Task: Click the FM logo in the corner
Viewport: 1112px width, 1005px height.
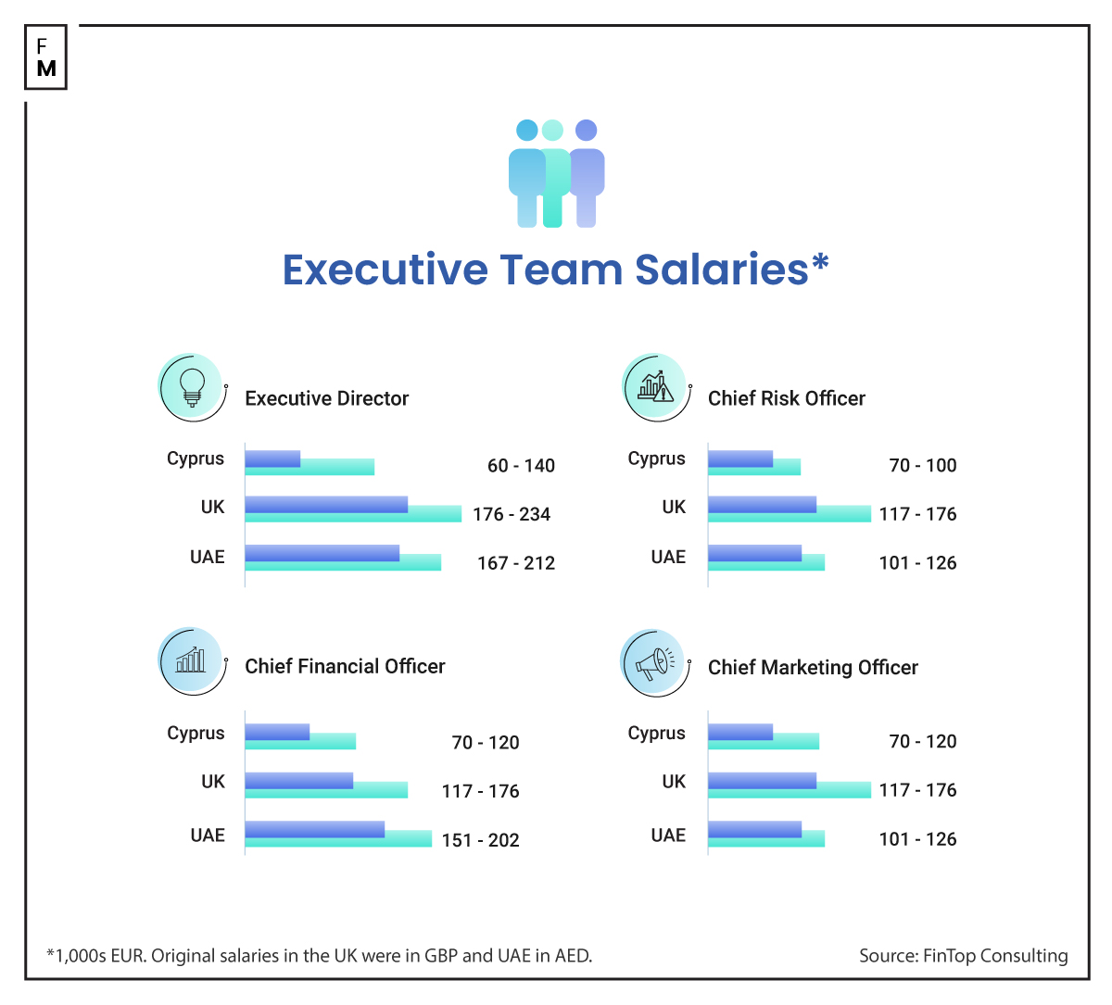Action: pos(45,57)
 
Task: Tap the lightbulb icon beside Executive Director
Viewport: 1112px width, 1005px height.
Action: pos(192,387)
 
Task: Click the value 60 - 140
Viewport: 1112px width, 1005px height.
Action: pos(521,466)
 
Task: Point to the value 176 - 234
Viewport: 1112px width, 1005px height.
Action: pos(511,514)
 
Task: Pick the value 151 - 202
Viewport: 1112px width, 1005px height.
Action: pos(480,840)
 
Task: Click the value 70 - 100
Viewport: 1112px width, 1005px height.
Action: pos(922,466)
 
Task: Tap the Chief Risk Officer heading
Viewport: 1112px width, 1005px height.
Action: pos(786,398)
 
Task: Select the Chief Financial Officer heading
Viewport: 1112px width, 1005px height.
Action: pos(345,666)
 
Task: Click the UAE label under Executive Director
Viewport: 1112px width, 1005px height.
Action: pos(208,557)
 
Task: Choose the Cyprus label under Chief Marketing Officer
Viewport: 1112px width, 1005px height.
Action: pos(656,733)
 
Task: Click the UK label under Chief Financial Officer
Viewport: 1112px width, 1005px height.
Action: pos(213,781)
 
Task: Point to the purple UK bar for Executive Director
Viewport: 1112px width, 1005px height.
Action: pos(326,504)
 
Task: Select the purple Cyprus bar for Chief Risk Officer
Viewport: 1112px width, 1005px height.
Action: pos(739,458)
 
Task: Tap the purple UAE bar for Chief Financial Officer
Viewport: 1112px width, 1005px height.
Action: pos(314,828)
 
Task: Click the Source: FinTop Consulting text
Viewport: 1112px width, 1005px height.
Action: pos(963,956)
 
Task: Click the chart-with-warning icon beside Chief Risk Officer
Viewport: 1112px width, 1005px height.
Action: pos(655,385)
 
